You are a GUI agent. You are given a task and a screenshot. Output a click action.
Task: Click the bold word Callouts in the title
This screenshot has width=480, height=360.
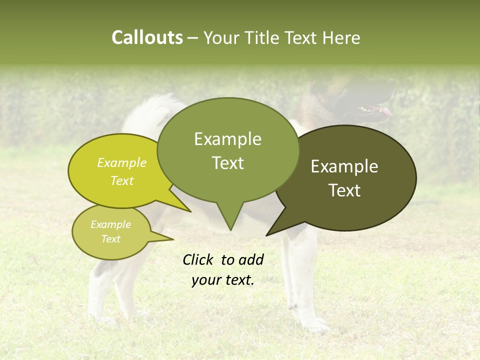(x=147, y=37)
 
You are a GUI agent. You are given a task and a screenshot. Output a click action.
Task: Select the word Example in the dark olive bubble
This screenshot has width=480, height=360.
(x=344, y=166)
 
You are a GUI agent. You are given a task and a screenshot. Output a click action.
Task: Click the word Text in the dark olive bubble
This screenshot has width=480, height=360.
(x=344, y=190)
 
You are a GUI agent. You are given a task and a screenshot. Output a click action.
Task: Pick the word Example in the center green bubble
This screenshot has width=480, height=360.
(x=227, y=139)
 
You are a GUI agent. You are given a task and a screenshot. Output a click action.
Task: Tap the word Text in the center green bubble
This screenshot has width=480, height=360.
(x=228, y=162)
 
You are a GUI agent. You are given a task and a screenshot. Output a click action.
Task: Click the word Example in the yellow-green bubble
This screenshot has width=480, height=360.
(x=122, y=162)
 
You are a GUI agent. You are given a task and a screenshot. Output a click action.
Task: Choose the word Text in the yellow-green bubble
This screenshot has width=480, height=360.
(x=122, y=180)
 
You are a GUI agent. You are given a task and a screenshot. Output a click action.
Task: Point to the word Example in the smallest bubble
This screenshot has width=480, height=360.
(x=111, y=224)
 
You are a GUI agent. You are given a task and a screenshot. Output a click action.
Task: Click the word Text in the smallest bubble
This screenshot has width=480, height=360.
(x=111, y=238)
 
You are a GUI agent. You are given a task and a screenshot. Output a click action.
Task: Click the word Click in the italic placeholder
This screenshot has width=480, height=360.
(x=198, y=259)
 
